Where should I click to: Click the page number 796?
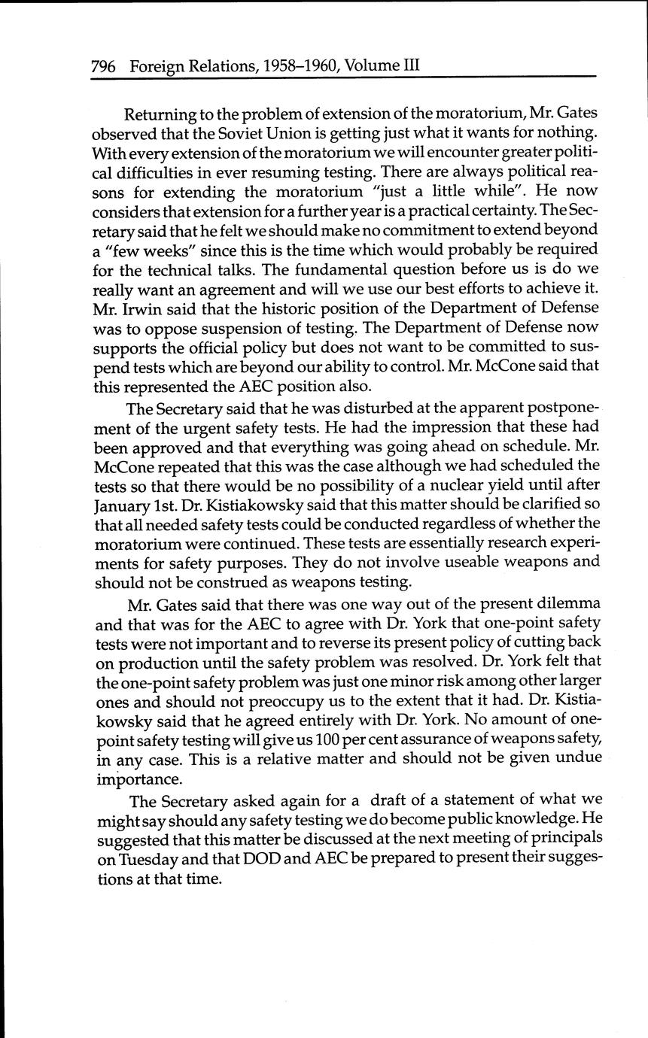pyautogui.click(x=103, y=66)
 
